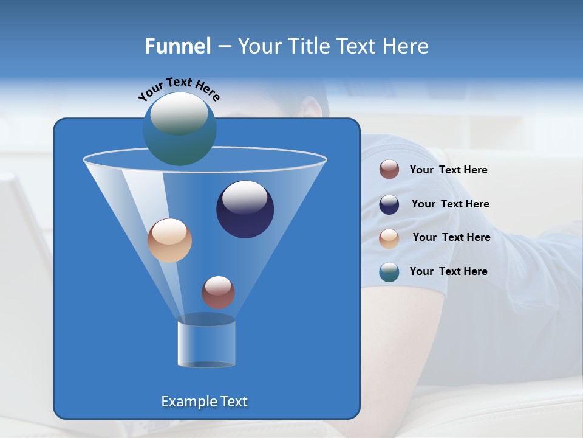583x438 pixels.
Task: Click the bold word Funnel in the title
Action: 178,46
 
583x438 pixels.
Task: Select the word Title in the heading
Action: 308,46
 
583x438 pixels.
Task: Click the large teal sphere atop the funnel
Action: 179,128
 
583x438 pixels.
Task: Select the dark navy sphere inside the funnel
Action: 245,209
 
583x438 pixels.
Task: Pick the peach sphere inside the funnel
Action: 169,240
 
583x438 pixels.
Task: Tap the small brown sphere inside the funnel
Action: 218,292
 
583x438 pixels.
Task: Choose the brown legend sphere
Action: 389,170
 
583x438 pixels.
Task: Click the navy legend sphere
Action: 389,204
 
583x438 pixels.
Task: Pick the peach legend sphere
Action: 389,238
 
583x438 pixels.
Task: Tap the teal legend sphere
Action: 389,272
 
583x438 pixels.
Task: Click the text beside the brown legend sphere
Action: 448,170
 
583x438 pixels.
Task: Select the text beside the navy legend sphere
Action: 450,204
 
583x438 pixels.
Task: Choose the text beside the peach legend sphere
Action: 451,237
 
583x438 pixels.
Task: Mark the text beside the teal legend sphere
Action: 448,271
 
